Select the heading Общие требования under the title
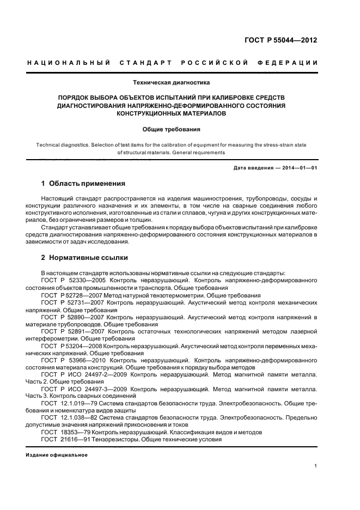coord(172,130)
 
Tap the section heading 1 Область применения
coord(83,183)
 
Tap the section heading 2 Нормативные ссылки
coord(85,257)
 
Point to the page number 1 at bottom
coord(316,466)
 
